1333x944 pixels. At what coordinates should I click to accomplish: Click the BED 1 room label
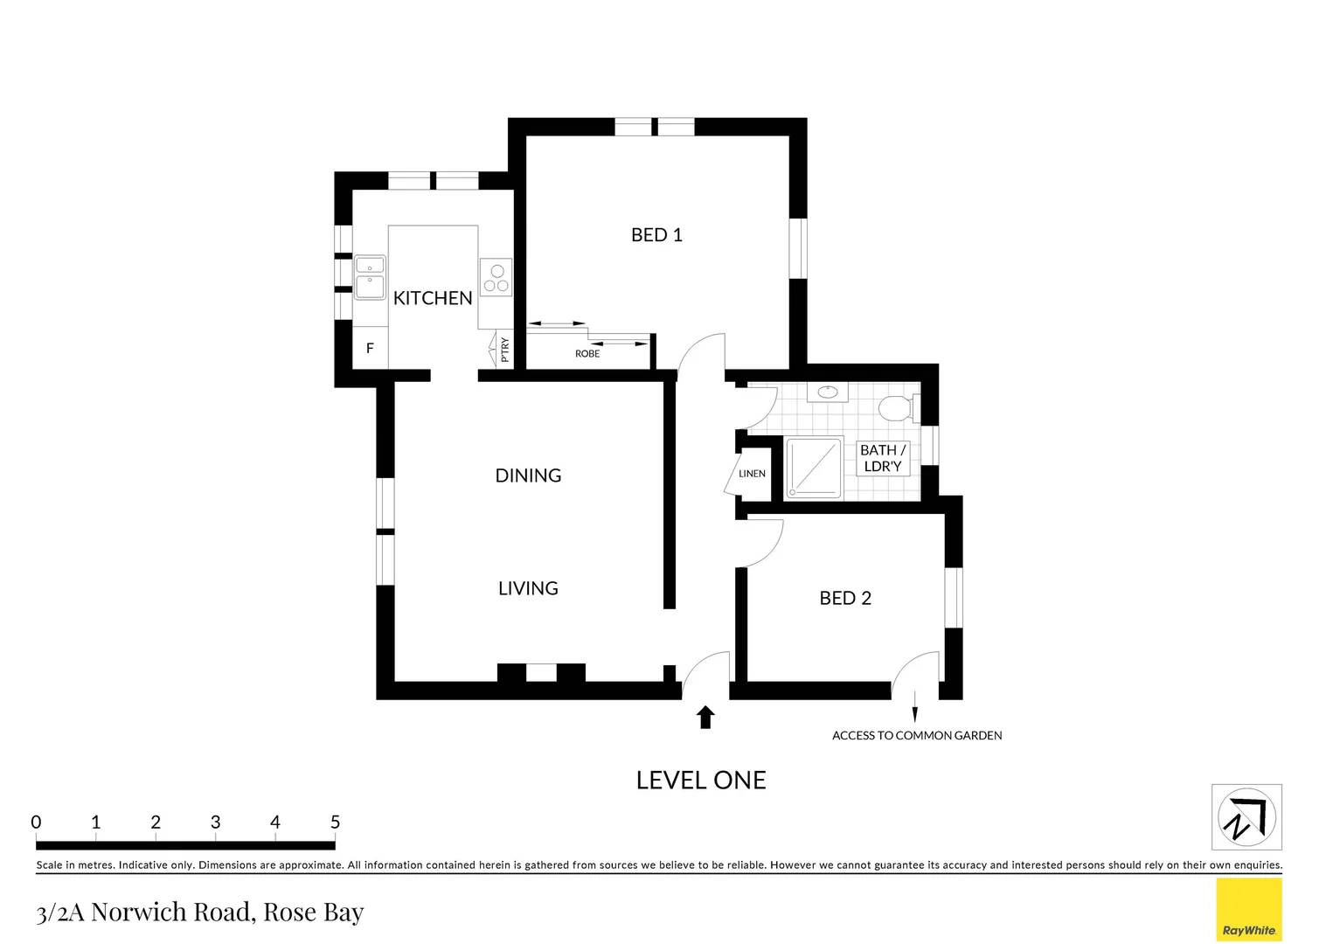(656, 235)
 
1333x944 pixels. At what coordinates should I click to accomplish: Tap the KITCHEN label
(433, 298)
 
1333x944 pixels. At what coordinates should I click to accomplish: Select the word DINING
(528, 475)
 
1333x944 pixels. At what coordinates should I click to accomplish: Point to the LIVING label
(528, 588)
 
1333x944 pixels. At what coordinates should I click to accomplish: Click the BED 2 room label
(845, 598)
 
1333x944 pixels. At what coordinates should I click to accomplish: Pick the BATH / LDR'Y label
(883, 458)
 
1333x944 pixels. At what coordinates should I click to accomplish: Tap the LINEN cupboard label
(752, 474)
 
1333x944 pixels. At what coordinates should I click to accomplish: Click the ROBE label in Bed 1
(587, 354)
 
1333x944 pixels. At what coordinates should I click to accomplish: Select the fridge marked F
(370, 348)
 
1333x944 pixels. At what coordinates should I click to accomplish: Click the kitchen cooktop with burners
(496, 278)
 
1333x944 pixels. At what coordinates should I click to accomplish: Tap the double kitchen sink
(370, 277)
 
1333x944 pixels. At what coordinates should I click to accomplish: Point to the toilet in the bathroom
(896, 407)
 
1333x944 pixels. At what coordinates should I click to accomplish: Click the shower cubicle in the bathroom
(814, 469)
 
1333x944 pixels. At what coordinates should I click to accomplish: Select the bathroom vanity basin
(827, 392)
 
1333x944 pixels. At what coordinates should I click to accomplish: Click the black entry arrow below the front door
(705, 718)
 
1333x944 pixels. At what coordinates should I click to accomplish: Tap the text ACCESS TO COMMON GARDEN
(917, 736)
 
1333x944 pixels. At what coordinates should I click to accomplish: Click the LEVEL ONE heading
(701, 780)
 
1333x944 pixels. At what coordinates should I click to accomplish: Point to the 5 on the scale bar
(335, 823)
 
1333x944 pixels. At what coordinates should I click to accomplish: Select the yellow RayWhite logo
(1249, 910)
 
